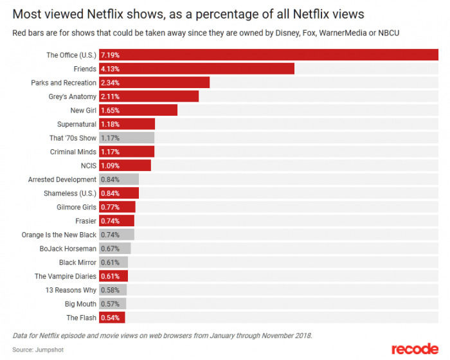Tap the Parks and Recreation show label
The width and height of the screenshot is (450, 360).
pos(64,83)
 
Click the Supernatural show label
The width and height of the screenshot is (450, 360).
pos(76,124)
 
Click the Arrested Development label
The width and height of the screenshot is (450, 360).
pos(62,179)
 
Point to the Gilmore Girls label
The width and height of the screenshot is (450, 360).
pos(76,207)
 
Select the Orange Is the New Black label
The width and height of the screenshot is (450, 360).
pos(59,235)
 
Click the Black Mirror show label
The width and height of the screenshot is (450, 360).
pos(78,262)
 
